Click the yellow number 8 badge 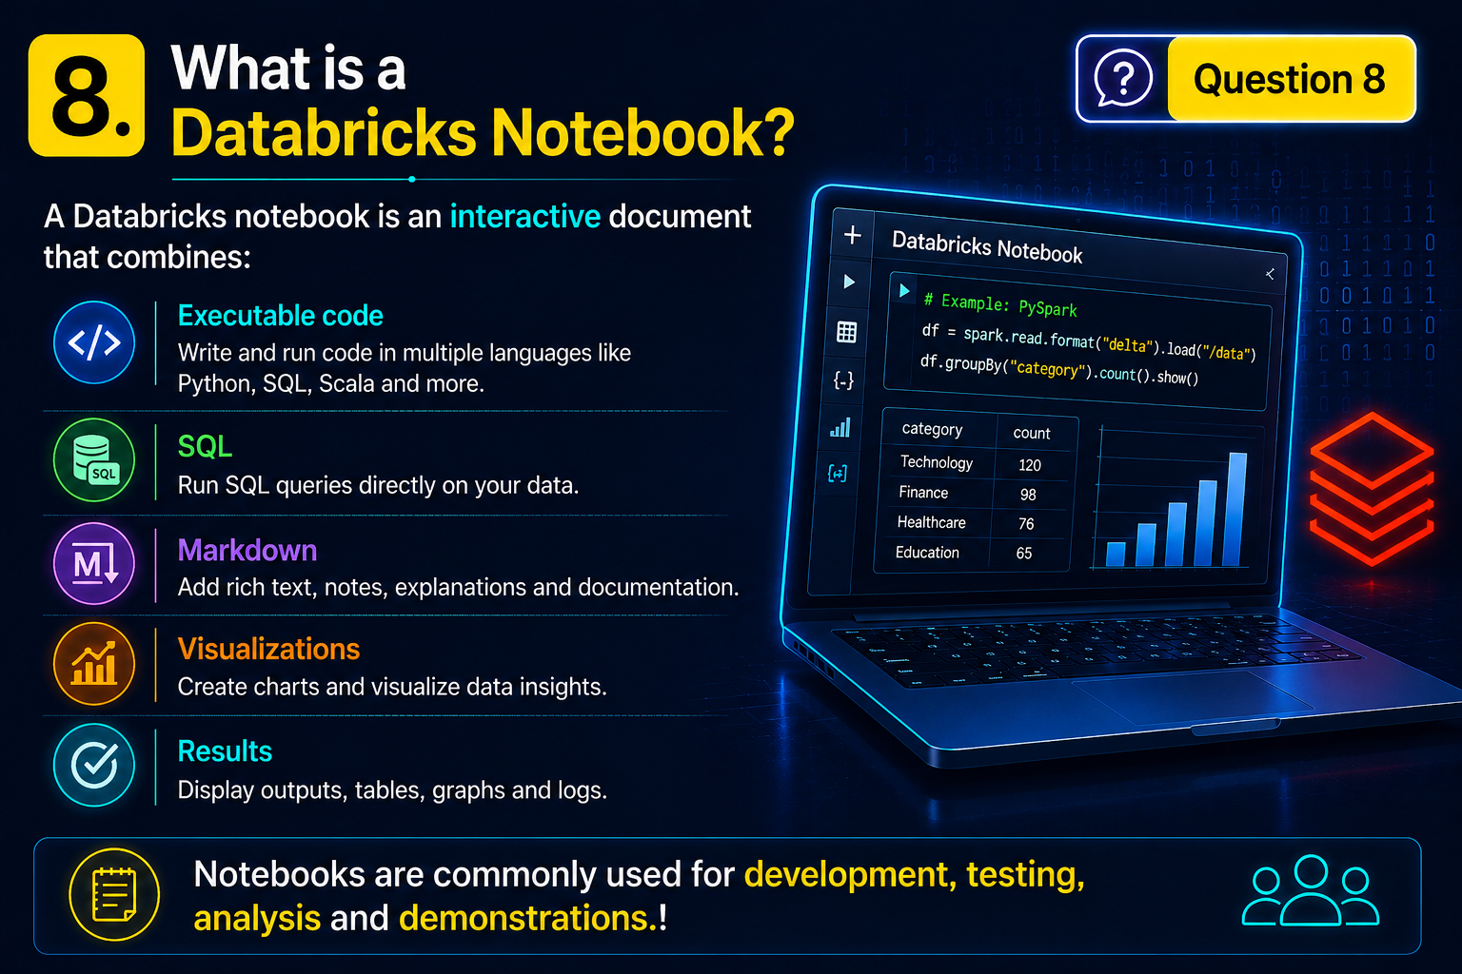[87, 95]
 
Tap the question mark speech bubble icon [1122, 78]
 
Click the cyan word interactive [525, 216]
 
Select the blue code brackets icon [94, 342]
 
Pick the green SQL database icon [94, 460]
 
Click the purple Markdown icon [94, 563]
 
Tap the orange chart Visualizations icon [94, 664]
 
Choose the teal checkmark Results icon [94, 766]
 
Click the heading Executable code [281, 316]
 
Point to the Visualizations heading [269, 649]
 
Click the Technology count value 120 [1030, 465]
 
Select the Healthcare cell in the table [932, 522]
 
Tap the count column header [1031, 433]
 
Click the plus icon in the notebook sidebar [853, 235]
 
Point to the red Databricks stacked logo [1372, 489]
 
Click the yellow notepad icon [114, 894]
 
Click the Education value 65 [1024, 554]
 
